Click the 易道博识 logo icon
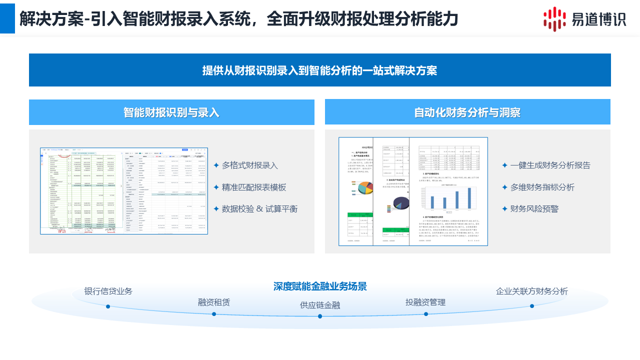click(555, 19)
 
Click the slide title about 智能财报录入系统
click(238, 19)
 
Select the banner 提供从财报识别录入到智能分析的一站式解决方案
click(319, 70)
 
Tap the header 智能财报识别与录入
click(171, 112)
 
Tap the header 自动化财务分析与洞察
click(467, 112)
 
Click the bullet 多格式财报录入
click(249, 165)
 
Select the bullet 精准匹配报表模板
click(254, 187)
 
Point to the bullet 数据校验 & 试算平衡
click(259, 209)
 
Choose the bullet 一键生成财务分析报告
click(550, 165)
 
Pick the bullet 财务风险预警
click(534, 209)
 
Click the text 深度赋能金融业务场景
click(320, 286)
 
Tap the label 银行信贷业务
click(108, 291)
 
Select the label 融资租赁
click(214, 302)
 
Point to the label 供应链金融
click(320, 305)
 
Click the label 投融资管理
click(425, 302)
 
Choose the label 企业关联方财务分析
click(532, 291)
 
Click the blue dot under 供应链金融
click(320, 316)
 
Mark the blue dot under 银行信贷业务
click(108, 306)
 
